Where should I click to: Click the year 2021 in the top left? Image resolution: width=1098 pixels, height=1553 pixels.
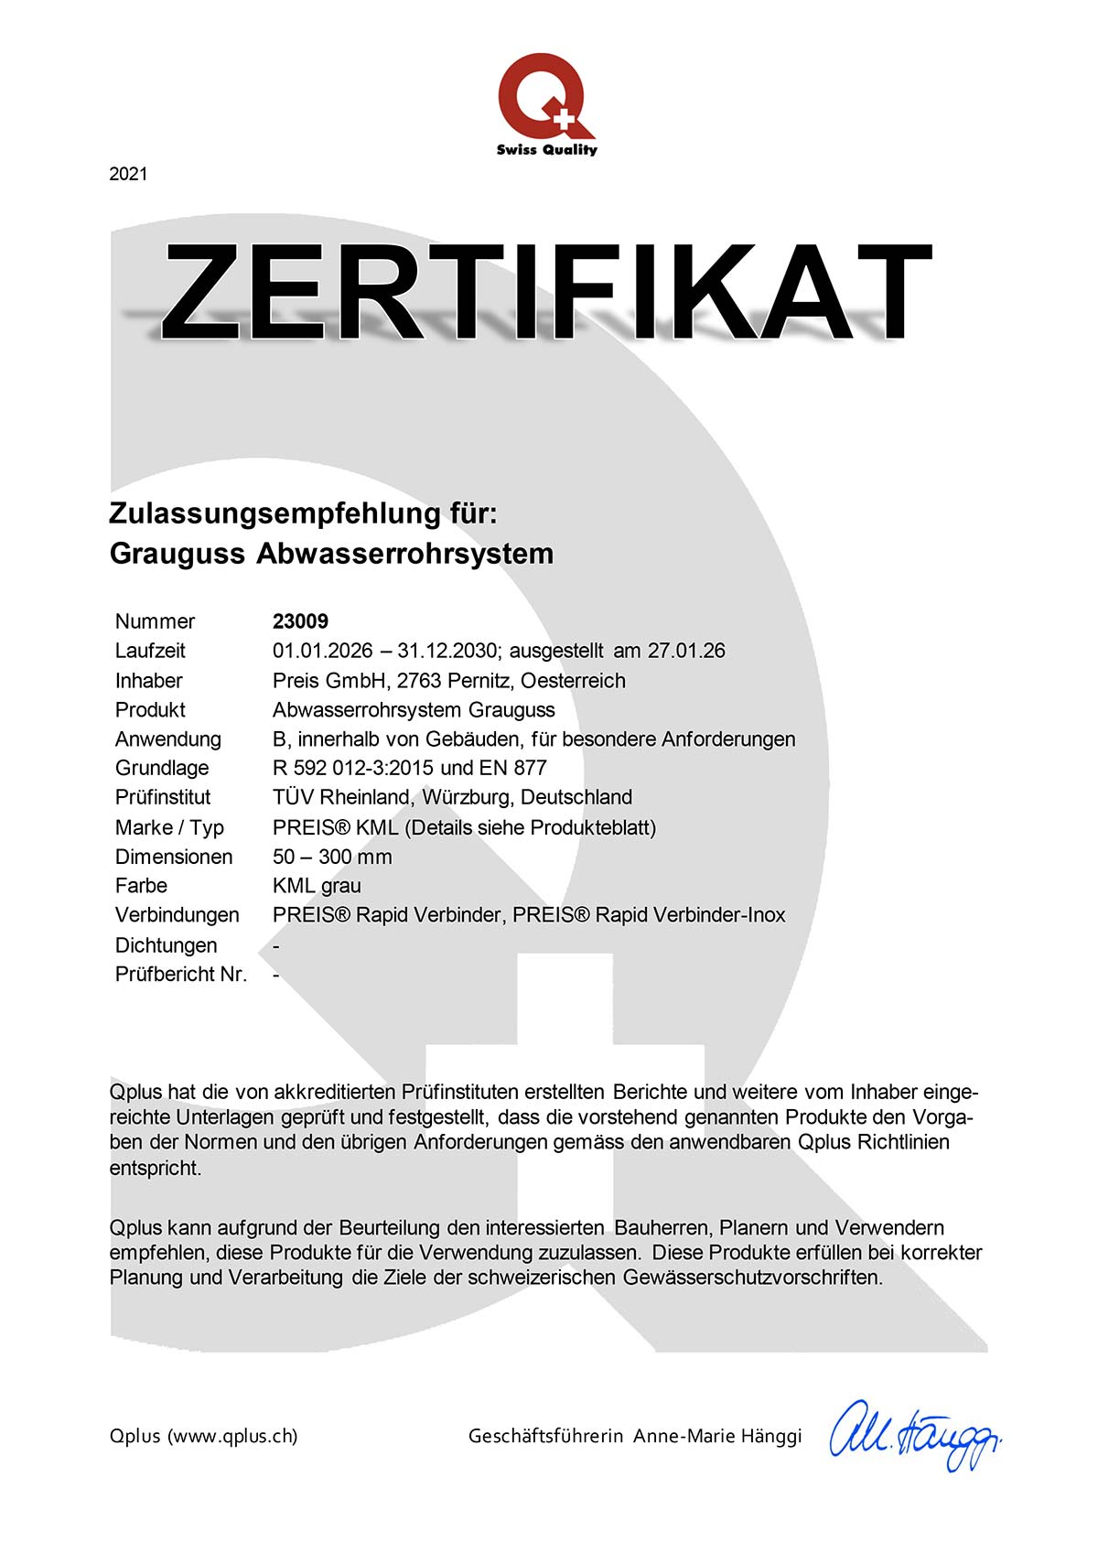128,174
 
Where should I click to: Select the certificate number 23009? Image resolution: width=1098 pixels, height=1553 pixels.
300,621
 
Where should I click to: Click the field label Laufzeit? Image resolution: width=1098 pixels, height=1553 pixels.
150,651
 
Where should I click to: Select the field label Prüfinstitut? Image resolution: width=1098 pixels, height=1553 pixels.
163,797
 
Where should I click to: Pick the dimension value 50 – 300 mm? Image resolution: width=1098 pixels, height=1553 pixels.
332,857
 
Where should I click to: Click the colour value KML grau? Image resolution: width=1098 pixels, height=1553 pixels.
317,886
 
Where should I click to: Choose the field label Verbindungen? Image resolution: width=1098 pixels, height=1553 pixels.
178,915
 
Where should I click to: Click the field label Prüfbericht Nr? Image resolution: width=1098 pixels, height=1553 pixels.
181,974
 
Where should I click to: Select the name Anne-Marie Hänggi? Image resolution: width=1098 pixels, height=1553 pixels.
717,1436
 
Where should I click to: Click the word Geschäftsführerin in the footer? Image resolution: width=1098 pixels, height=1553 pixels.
546,1436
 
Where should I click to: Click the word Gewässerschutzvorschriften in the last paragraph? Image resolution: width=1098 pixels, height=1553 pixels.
752,1277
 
